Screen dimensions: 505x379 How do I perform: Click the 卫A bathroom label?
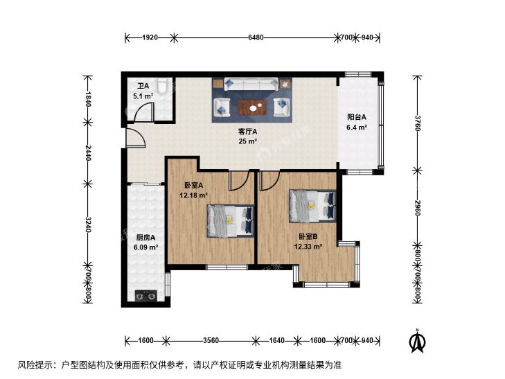point(143,87)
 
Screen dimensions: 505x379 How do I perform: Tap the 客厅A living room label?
point(248,132)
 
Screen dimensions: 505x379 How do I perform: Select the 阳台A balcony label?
point(357,117)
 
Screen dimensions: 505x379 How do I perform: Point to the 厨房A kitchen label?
point(145,238)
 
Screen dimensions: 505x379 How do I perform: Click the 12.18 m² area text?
point(193,195)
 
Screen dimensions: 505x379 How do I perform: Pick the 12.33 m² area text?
point(308,247)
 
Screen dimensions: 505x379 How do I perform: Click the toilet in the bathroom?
point(162,85)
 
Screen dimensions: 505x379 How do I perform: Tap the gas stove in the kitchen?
point(146,295)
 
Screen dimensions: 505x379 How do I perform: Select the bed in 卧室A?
point(230,221)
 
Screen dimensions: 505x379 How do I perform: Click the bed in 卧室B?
point(312,206)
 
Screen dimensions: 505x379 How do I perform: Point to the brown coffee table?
point(252,107)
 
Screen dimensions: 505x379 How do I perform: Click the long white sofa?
point(251,85)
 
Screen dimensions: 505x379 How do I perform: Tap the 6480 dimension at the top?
point(256,37)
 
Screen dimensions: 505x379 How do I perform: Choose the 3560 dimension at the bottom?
point(211,340)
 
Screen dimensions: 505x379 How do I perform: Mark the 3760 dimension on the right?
point(418,123)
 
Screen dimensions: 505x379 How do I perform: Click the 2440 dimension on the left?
point(87,153)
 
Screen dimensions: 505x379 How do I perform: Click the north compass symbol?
point(417,341)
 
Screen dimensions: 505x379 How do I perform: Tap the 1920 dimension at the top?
point(150,37)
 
